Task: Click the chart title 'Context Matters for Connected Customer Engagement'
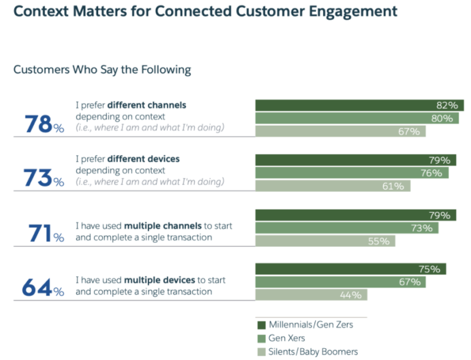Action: tap(205, 11)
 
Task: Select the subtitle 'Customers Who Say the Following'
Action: tap(102, 70)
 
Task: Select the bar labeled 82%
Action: tap(359, 105)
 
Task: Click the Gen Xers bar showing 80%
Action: tap(356, 118)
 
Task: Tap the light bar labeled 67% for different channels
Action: tap(340, 131)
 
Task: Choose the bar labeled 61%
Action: tap(332, 186)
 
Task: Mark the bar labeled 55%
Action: tap(325, 241)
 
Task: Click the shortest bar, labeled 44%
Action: tap(312, 295)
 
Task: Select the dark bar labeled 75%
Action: tap(350, 269)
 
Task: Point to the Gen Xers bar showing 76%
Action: tap(351, 173)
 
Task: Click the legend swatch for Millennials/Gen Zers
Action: tap(261, 324)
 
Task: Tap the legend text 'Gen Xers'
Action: tap(286, 338)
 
